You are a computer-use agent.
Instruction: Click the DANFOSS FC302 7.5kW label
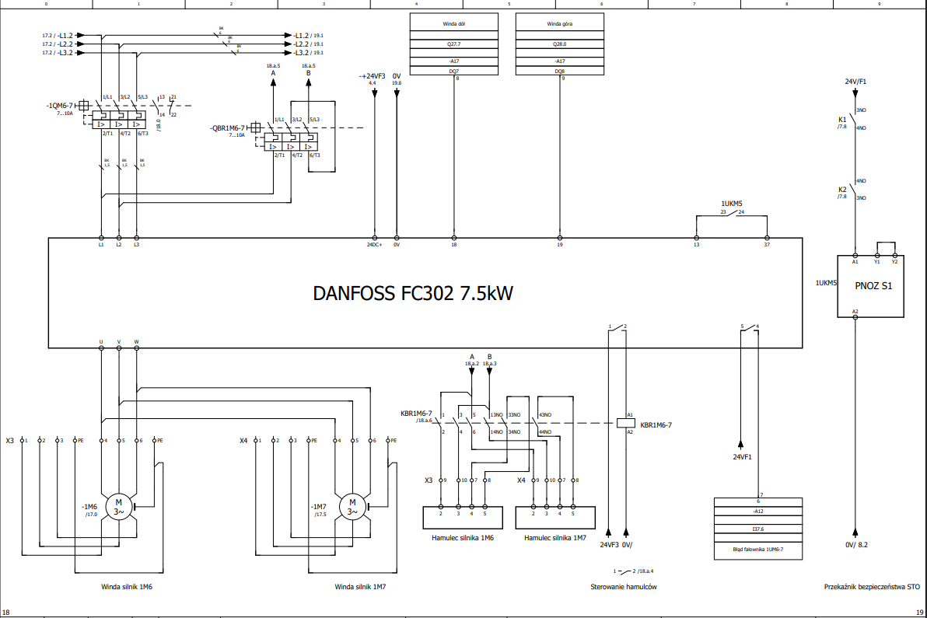coord(413,294)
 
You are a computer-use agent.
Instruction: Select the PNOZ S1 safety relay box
coord(872,286)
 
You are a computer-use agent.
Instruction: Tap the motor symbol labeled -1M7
coord(352,506)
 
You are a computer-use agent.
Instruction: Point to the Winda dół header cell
coord(453,23)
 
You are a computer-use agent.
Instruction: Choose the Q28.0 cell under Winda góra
coord(560,44)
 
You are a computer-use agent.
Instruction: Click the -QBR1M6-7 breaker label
coord(228,128)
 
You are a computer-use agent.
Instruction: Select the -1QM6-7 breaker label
coord(60,105)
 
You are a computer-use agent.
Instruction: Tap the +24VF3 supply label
coord(373,75)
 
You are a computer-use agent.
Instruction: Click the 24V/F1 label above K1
coord(855,81)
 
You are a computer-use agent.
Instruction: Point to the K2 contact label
coord(842,190)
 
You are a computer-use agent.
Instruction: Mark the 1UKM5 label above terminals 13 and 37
coord(732,204)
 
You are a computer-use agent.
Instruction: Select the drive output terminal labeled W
coord(137,341)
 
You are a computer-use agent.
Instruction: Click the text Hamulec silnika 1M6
coord(463,537)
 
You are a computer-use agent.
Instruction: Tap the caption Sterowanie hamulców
coord(624,587)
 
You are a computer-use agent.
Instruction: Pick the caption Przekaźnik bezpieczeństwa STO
coord(872,587)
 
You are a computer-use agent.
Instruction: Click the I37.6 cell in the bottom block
coord(757,529)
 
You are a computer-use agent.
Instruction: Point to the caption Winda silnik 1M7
coord(360,587)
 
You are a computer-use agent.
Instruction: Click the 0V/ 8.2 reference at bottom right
coord(856,544)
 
